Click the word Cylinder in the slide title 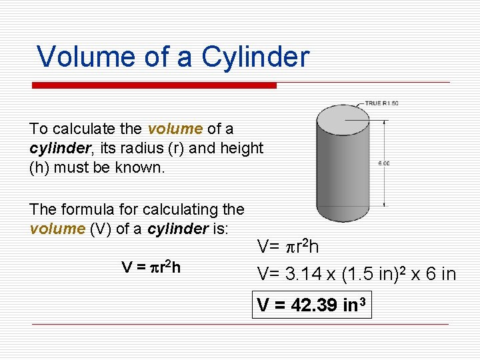[255, 57]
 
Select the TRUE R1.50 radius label [381, 103]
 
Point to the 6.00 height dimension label [384, 163]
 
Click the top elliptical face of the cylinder [343, 119]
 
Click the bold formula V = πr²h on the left [151, 267]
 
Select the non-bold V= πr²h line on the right [288, 247]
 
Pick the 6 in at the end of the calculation [440, 273]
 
